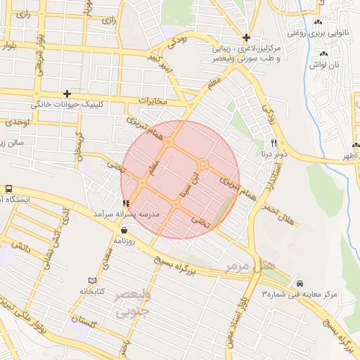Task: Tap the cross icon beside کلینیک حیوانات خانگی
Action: coord(67,94)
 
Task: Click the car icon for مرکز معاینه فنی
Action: coord(300,282)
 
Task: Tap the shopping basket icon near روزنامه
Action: coord(124,230)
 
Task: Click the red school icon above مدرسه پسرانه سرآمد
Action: coord(126,205)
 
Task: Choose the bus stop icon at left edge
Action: coord(8,189)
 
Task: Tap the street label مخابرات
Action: coord(153,101)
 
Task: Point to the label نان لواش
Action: coord(326,65)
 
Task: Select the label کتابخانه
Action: coord(91,290)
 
